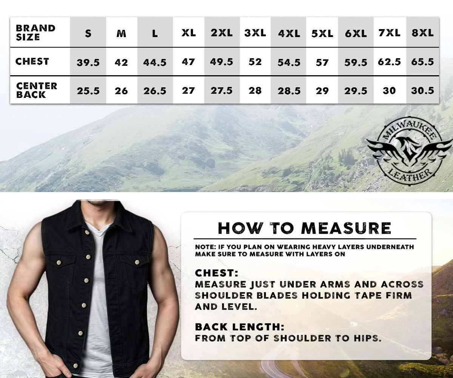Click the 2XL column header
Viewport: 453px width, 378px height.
coord(222,33)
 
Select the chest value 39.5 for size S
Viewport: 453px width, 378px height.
coord(88,63)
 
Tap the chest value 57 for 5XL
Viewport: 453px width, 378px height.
coord(322,63)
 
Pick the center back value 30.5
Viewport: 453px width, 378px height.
coord(422,91)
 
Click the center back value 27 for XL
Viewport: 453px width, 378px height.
coord(188,91)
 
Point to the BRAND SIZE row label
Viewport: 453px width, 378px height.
coord(35,33)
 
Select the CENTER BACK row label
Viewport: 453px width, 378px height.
coord(37,90)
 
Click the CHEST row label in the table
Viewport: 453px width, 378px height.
coord(32,61)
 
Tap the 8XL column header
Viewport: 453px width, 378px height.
coord(422,33)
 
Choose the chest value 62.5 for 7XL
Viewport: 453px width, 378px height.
coord(389,62)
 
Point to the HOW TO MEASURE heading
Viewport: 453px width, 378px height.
coord(304,228)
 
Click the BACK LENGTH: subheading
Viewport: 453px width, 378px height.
coord(239,327)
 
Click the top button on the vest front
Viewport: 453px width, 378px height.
coord(87,233)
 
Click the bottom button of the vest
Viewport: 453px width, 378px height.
coord(76,366)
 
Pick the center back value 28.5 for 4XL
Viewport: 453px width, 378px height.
coord(289,91)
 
